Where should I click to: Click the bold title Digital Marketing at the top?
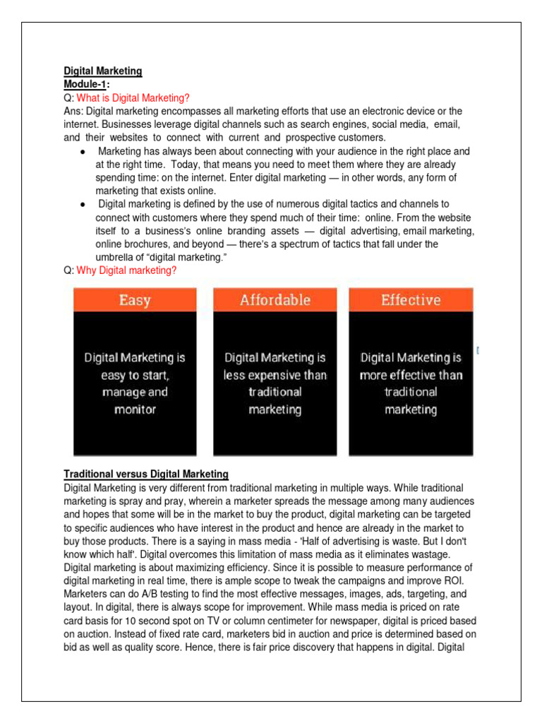[x=103, y=71]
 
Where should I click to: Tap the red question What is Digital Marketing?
[x=133, y=98]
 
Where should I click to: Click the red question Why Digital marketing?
[x=127, y=270]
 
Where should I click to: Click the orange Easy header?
[x=135, y=300]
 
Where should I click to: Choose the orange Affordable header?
[x=275, y=300]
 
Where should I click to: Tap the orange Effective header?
[x=411, y=300]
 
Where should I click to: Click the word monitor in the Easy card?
[x=135, y=410]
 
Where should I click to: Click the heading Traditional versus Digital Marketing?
[x=146, y=474]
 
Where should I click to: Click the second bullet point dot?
[x=83, y=205]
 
